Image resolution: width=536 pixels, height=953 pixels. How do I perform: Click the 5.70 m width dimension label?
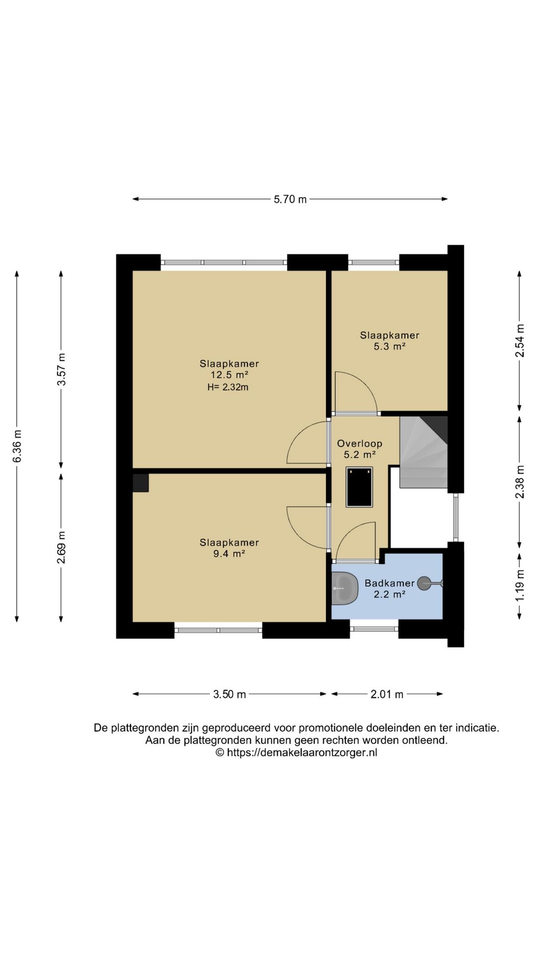pos(290,200)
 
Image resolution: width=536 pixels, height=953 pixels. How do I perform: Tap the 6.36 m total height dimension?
pos(17,446)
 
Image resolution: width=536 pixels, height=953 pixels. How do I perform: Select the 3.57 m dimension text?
pos(61,369)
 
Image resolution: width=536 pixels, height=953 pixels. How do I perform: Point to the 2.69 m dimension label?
pos(61,547)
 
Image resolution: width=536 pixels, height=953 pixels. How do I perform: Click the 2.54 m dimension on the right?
pos(520,340)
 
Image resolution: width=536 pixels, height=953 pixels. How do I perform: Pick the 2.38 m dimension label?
pos(520,482)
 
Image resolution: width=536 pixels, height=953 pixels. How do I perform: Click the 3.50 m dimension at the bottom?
pos(229,694)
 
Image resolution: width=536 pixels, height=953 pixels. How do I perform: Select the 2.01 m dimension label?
pos(387,694)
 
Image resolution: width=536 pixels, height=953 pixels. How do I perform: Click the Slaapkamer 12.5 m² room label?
pos(229,369)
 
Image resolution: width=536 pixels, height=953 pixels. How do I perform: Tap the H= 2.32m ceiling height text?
pos(228,387)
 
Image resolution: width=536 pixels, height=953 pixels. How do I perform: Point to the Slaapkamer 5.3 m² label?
pos(390,341)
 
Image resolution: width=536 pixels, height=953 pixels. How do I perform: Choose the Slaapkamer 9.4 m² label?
pos(229,548)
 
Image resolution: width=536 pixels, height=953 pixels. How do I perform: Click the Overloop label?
pos(360,444)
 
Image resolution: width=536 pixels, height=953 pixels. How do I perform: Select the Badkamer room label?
pos(390,583)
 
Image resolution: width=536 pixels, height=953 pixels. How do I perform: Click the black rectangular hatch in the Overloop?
pos(359,487)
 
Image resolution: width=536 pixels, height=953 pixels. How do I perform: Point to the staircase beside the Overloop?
pos(424,452)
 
